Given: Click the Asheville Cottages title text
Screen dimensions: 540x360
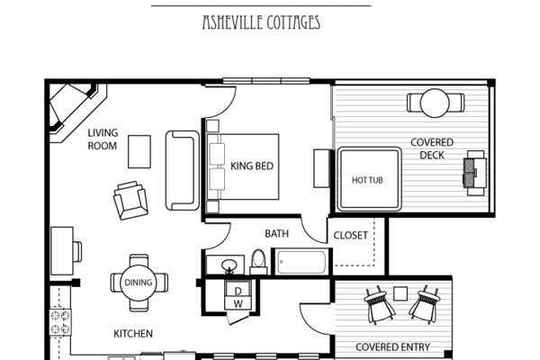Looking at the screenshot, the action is pyautogui.click(x=261, y=22).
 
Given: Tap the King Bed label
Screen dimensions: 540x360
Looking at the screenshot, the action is pyautogui.click(x=252, y=166).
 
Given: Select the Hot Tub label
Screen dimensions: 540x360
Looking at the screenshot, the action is pyautogui.click(x=367, y=180).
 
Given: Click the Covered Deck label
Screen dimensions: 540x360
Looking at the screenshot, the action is pyautogui.click(x=432, y=148).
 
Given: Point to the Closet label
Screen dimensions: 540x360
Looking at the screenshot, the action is pyautogui.click(x=351, y=235).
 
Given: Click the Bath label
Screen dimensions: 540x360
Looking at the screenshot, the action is pyautogui.click(x=276, y=234).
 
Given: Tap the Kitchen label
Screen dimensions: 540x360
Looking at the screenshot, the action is pyautogui.click(x=133, y=334).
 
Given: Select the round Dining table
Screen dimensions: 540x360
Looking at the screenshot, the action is pyautogui.click(x=139, y=283).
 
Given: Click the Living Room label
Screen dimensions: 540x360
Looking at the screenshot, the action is pyautogui.click(x=103, y=139).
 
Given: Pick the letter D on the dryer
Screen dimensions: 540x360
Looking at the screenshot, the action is pyautogui.click(x=238, y=292).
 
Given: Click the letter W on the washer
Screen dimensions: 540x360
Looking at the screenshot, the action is pyautogui.click(x=238, y=304).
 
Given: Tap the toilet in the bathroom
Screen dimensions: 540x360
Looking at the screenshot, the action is pyautogui.click(x=258, y=262).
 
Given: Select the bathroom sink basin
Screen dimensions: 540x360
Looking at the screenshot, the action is pyautogui.click(x=229, y=265).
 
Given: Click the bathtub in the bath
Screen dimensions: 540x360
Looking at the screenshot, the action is pyautogui.click(x=301, y=262).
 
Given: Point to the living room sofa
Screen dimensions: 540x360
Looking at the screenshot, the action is pyautogui.click(x=182, y=170).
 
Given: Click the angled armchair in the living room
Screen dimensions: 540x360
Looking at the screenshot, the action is pyautogui.click(x=130, y=201).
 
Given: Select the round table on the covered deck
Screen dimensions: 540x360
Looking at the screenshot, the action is pyautogui.click(x=435, y=103).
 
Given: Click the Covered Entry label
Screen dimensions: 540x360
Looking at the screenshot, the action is pyautogui.click(x=392, y=346).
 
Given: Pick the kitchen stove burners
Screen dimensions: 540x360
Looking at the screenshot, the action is pyautogui.click(x=60, y=322).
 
